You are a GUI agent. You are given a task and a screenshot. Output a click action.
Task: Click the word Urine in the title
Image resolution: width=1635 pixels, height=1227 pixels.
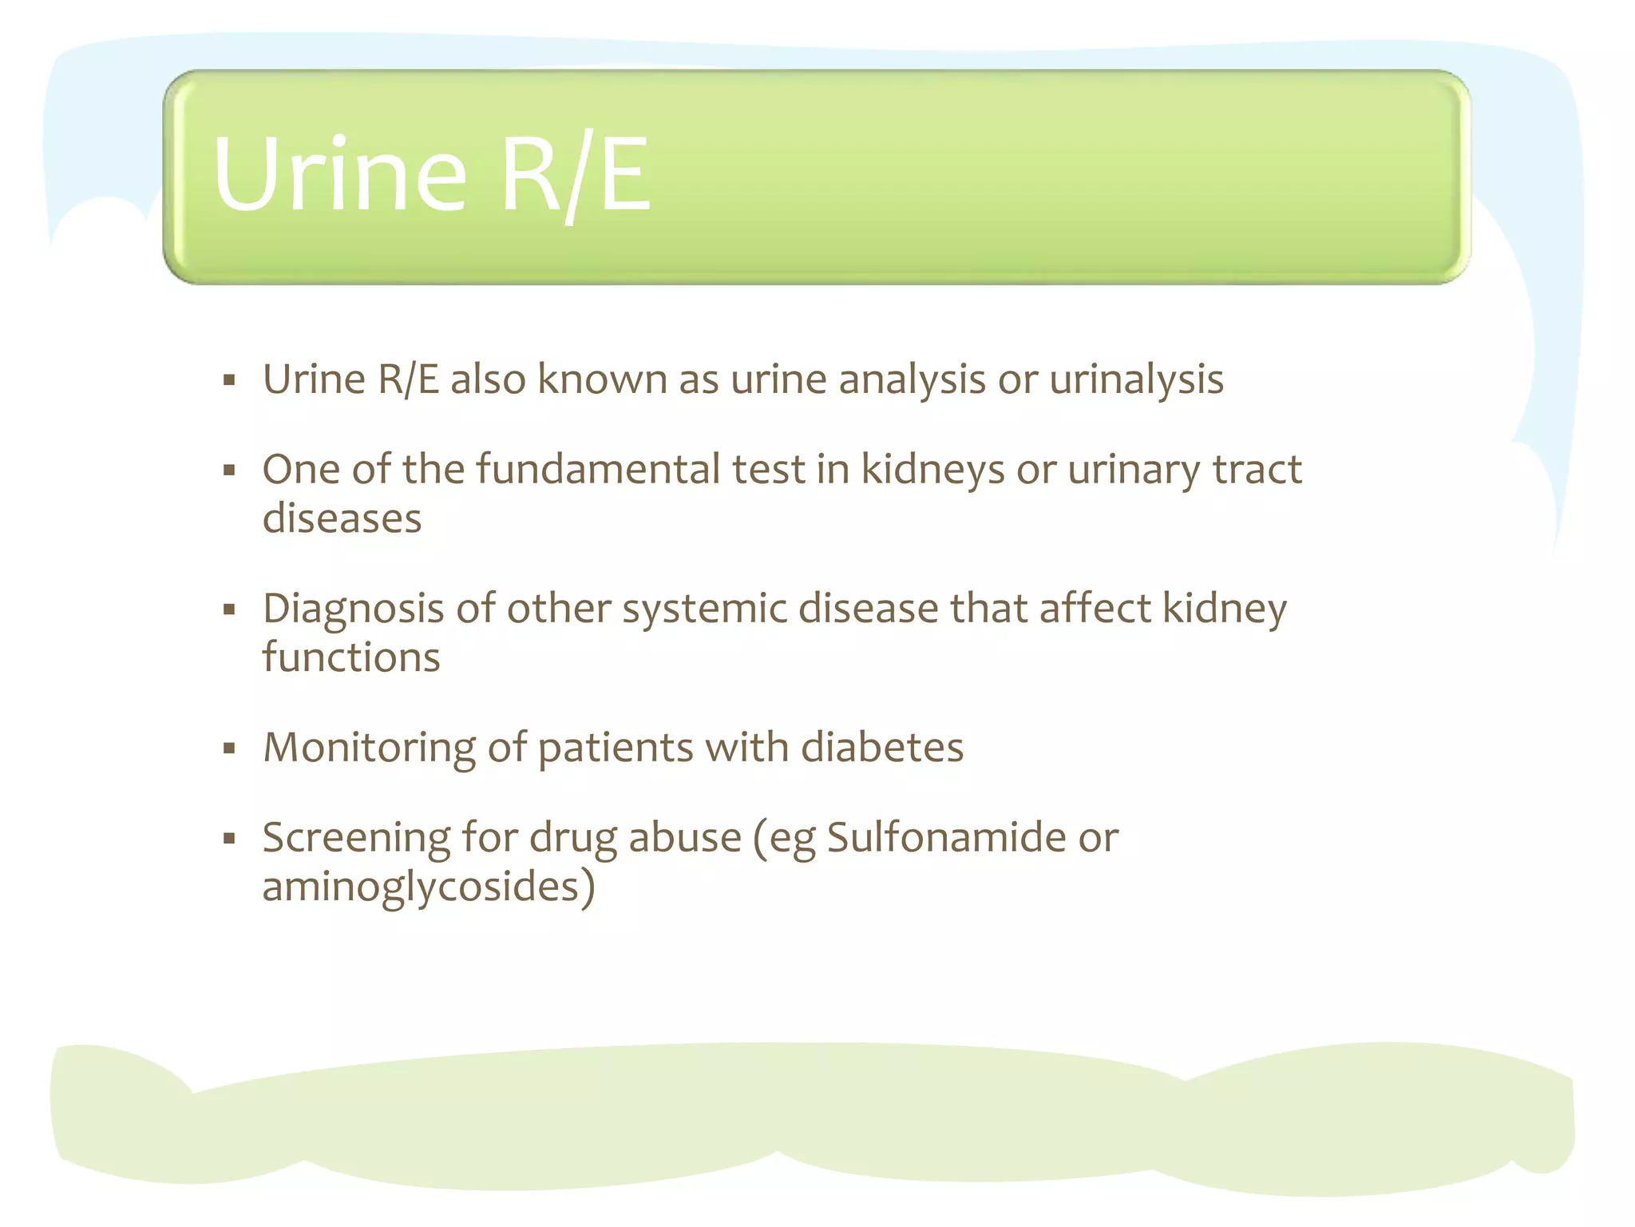(x=338, y=174)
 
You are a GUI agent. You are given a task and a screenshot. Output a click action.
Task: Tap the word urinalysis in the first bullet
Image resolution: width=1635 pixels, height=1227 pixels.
(x=1136, y=380)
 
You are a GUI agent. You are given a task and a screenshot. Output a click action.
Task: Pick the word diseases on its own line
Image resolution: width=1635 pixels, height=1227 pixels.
(x=342, y=519)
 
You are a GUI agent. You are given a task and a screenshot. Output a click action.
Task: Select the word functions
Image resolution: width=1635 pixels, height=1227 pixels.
(x=351, y=658)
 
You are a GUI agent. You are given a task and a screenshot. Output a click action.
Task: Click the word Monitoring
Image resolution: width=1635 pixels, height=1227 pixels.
(x=369, y=749)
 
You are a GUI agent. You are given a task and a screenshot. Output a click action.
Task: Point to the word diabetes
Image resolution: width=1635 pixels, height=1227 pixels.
(x=881, y=748)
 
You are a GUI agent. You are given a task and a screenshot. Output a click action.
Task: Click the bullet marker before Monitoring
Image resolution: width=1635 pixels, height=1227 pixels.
(x=230, y=749)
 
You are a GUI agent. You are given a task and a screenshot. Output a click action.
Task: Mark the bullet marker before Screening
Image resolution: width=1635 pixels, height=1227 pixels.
(x=230, y=839)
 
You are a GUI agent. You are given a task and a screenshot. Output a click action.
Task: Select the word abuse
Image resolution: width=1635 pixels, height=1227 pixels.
(x=685, y=839)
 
